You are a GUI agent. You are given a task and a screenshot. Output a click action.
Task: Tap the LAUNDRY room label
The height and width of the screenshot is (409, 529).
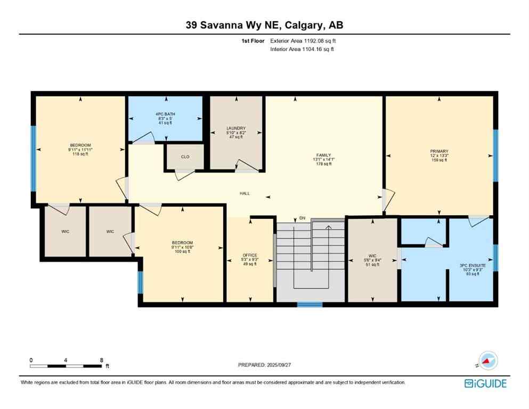tap(235, 128)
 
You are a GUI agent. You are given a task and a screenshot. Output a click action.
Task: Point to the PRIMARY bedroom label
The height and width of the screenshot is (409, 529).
tap(440, 151)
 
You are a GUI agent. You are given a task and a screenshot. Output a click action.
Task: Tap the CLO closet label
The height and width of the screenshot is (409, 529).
tap(185, 157)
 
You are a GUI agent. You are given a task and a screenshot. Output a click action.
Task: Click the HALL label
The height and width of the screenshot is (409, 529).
tap(245, 194)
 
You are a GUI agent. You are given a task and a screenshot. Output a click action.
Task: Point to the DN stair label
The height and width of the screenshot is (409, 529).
tap(302, 218)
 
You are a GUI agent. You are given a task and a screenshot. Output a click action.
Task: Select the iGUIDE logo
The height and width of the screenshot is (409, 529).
tap(485, 383)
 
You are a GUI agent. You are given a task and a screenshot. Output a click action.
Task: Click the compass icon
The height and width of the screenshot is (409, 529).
tap(487, 361)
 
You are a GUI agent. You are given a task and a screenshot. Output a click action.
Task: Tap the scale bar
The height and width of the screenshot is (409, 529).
tap(66, 366)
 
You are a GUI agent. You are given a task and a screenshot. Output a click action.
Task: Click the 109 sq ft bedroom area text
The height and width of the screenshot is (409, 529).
tap(182, 251)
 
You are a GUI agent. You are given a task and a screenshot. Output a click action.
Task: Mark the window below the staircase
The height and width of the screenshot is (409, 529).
tap(310, 305)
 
